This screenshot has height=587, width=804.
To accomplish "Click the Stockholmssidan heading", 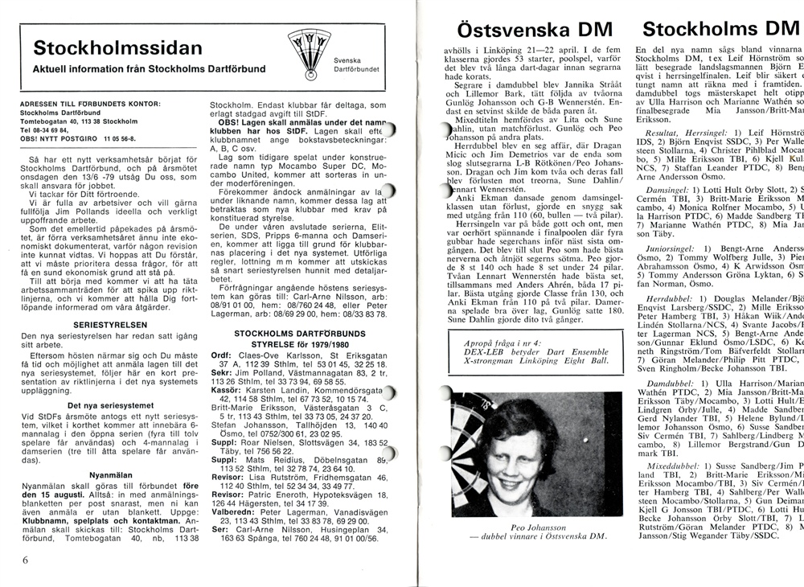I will [117, 47].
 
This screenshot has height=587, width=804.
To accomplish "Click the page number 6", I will [26, 559].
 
